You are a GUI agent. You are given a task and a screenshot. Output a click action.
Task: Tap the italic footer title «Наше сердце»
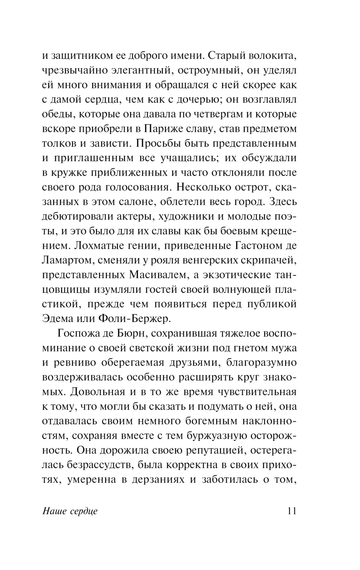pos(70,511)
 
